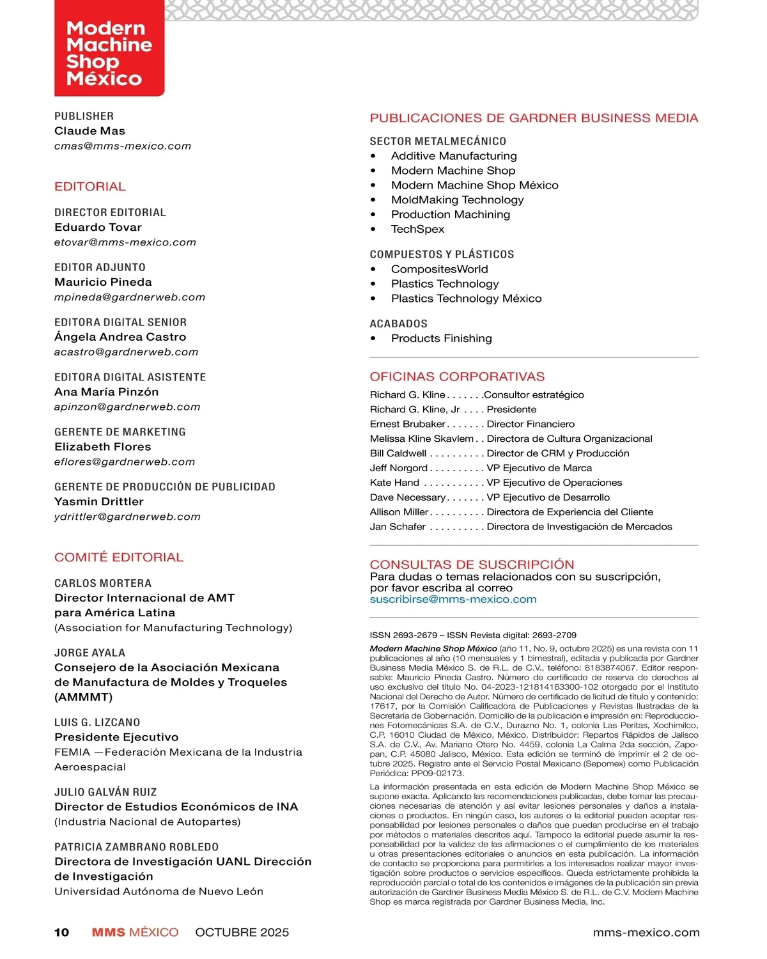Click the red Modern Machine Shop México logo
[109, 50]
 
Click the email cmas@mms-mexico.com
[123, 146]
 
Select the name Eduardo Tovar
[98, 228]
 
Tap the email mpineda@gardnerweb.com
[130, 297]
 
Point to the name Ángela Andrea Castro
[120, 337]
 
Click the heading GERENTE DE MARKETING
[120, 432]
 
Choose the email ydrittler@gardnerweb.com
[127, 517]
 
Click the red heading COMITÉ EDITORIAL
[119, 557]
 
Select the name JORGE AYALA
[89, 653]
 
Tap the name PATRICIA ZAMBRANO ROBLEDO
[136, 847]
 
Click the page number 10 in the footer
[61, 933]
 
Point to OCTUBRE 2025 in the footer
[242, 933]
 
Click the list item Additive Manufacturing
[454, 156]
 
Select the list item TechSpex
[417, 230]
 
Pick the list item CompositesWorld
[439, 269]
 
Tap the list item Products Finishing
[441, 339]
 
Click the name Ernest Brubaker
[407, 425]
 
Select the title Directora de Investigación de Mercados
[579, 527]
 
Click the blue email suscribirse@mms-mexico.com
[453, 600]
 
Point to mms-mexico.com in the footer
[646, 933]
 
